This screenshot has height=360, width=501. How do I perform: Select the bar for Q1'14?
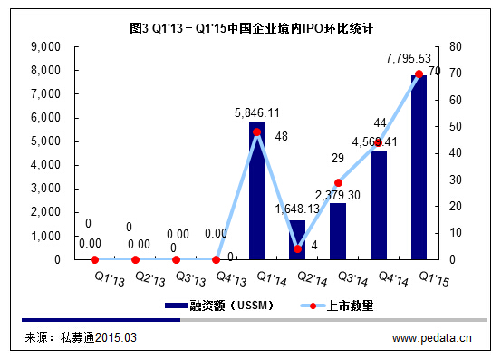coord(256,190)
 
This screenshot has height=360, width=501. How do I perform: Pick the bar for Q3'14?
coord(338,231)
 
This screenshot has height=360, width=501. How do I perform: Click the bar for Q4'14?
coord(379,206)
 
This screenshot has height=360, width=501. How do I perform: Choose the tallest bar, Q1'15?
coord(419,168)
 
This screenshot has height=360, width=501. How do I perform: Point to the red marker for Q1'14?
coord(256,131)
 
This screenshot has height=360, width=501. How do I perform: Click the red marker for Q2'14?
coord(297,248)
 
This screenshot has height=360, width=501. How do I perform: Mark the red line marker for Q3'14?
coord(338,182)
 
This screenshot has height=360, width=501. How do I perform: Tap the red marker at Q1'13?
coord(94,259)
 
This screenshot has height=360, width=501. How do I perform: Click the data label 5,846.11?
coord(256,113)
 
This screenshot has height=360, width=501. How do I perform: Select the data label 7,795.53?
coord(409,58)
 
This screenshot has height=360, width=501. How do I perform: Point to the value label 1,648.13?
coord(296,209)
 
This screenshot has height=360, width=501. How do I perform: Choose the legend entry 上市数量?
coord(348,306)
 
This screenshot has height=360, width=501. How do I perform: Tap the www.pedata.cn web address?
coord(431,339)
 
